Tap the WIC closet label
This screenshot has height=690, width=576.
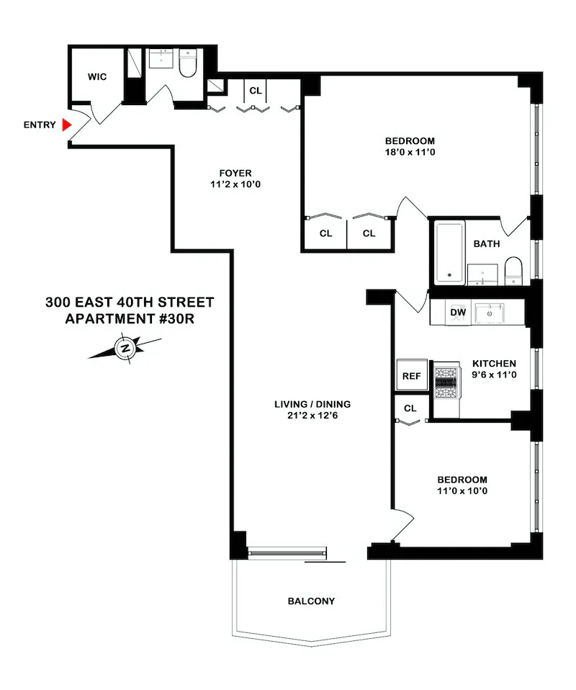pyautogui.click(x=98, y=77)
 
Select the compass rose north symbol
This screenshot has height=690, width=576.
pyautogui.click(x=125, y=349)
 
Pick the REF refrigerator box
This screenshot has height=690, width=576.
pyautogui.click(x=412, y=375)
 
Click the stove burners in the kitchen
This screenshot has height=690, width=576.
pyautogui.click(x=446, y=382)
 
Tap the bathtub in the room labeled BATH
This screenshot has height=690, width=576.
pyautogui.click(x=450, y=254)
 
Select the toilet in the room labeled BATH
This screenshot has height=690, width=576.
pyautogui.click(x=513, y=269)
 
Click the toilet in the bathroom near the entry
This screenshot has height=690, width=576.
pyautogui.click(x=188, y=63)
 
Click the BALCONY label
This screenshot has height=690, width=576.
pyautogui.click(x=311, y=601)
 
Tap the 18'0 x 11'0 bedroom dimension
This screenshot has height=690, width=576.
pyautogui.click(x=410, y=153)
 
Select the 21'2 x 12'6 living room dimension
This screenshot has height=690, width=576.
pyautogui.click(x=312, y=416)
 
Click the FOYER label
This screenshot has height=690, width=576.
pyautogui.click(x=235, y=173)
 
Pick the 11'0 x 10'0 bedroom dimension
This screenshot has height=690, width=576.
pyautogui.click(x=462, y=491)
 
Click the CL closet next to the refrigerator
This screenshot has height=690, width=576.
pyautogui.click(x=410, y=408)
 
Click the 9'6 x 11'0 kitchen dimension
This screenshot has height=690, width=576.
pyautogui.click(x=495, y=375)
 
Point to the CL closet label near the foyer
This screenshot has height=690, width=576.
pyautogui.click(x=256, y=91)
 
